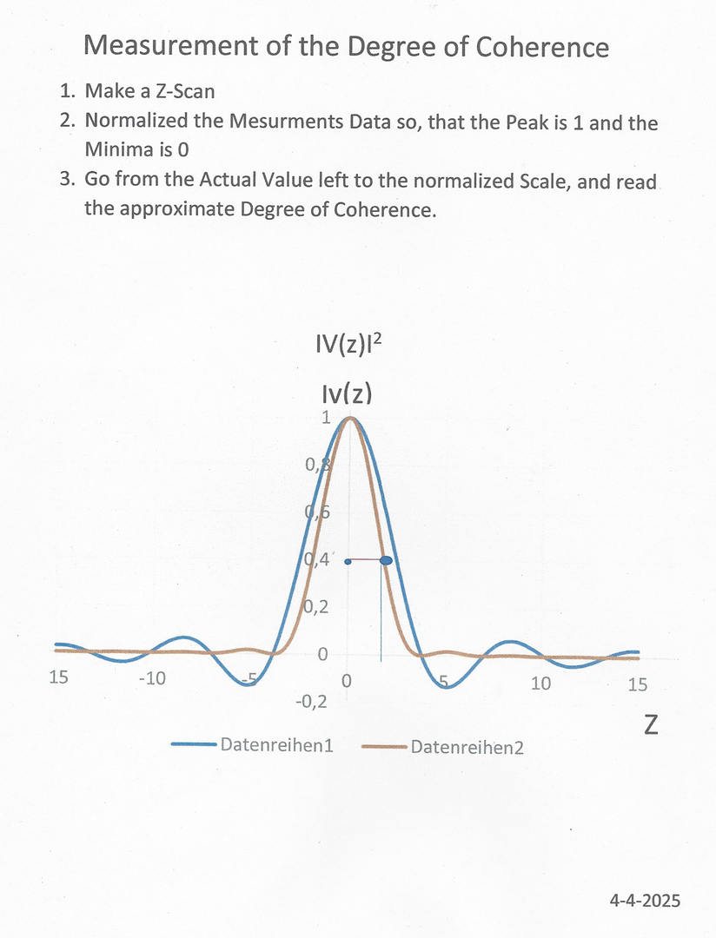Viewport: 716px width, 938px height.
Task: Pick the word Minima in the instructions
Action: pos(115,149)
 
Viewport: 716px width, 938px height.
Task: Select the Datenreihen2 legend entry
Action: pos(467,746)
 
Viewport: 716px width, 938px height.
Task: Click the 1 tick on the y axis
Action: pos(326,418)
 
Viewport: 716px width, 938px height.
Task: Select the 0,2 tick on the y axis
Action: pos(315,607)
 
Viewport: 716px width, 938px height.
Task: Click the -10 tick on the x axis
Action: pos(152,678)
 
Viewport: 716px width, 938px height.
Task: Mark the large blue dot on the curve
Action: pos(387,561)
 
